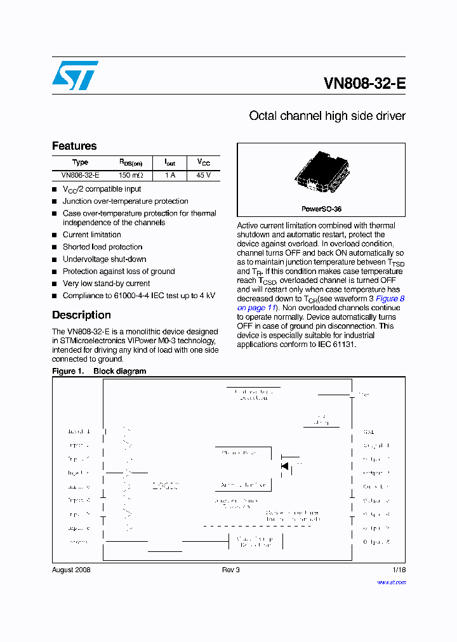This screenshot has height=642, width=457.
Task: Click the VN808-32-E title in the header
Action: [364, 84]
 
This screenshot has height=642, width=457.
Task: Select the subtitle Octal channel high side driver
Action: [327, 116]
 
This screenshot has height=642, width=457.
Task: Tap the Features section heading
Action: [74, 146]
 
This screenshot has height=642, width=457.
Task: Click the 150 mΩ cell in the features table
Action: [131, 175]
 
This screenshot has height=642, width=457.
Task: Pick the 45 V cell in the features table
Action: [203, 175]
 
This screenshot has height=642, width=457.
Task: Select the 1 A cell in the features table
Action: [170, 175]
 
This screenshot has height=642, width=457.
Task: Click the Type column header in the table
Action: [80, 162]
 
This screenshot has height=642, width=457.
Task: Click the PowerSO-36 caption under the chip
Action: [321, 209]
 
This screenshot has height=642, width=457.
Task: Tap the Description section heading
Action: [81, 315]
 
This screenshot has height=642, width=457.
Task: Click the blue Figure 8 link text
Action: [390, 299]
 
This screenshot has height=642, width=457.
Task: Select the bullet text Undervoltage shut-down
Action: [104, 259]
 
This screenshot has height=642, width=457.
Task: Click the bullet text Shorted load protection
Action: [102, 247]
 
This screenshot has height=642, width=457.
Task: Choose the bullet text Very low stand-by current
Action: [106, 284]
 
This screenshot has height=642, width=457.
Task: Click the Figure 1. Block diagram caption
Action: [99, 371]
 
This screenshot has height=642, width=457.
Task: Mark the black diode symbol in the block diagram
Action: [285, 466]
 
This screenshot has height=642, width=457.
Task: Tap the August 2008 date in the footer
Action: [71, 570]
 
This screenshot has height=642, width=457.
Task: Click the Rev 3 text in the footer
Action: [230, 570]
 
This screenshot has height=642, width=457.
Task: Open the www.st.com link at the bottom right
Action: [391, 582]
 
